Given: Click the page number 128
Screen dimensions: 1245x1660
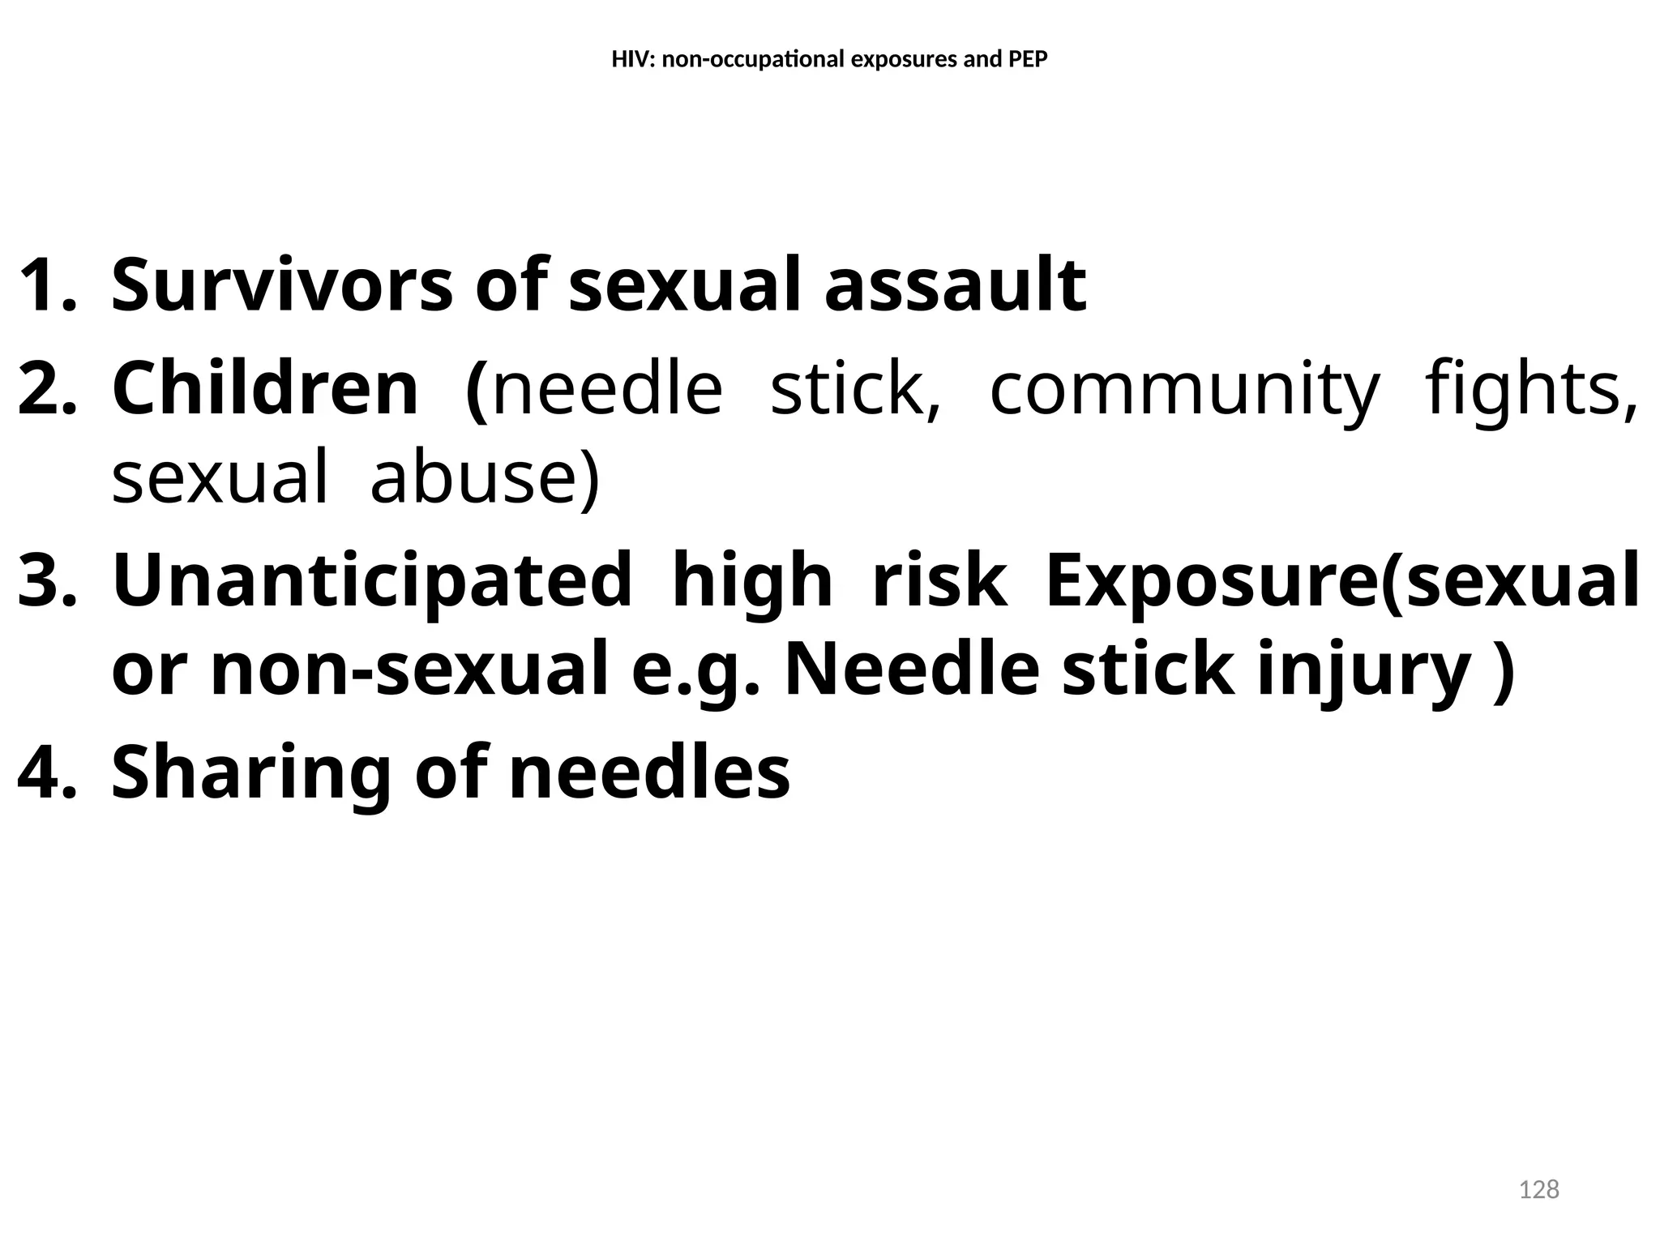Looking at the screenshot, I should click(x=1538, y=1189).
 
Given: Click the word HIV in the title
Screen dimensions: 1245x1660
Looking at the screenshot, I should click(x=627, y=60).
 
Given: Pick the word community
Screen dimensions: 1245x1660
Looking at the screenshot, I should click(x=1184, y=389).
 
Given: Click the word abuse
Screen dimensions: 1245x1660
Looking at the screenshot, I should click(x=485, y=477).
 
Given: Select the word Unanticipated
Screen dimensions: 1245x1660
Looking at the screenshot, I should click(x=372, y=581).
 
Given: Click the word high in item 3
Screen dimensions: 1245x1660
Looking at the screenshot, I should click(x=752, y=581).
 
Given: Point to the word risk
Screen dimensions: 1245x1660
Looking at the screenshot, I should click(x=939, y=580).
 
